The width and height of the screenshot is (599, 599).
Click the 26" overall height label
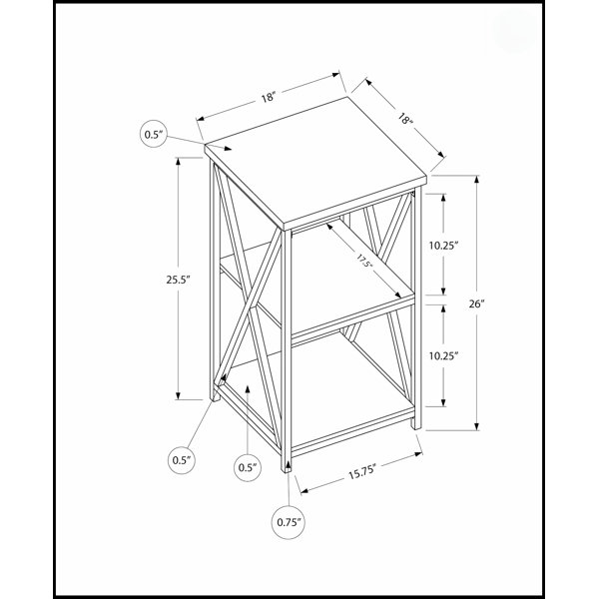point(477,304)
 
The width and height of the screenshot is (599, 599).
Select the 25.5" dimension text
point(178,280)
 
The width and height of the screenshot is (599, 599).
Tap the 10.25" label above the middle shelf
point(443,246)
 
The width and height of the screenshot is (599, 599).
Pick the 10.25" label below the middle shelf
point(443,356)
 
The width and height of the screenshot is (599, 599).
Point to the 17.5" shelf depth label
point(364,262)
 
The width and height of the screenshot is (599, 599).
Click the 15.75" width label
point(362,472)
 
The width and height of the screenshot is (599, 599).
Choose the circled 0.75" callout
point(290,522)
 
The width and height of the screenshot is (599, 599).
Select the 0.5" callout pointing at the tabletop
point(154,134)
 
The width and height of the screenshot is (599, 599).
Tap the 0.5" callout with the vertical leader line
point(248,467)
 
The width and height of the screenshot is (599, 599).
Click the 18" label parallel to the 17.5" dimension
point(405,118)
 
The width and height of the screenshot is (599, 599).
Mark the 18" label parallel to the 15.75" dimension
point(269,97)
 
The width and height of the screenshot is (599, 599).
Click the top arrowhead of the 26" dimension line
point(477,180)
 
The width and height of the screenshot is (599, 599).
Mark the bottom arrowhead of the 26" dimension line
point(477,426)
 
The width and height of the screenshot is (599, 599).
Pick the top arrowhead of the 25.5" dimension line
point(178,162)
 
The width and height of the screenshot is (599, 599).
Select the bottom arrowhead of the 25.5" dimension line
point(178,395)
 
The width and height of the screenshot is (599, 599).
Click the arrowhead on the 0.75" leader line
point(288,467)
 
